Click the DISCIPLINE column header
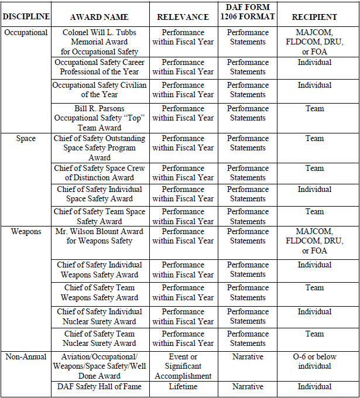[26, 17]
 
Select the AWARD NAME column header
[100, 17]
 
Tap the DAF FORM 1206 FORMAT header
[248, 12]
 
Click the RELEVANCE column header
[183, 17]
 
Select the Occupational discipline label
[26, 33]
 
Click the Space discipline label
[26, 139]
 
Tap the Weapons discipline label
[26, 232]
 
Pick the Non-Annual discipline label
[26, 356]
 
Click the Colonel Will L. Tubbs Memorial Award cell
[100, 42]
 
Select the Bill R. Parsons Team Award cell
[100, 118]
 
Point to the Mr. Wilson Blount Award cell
[100, 236]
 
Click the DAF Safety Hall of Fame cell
[100, 387]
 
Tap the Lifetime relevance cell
[183, 387]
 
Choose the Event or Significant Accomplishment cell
[183, 366]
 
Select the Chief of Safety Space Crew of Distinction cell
[100, 173]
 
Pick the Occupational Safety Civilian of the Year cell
[100, 90]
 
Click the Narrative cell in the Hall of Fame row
[248, 387]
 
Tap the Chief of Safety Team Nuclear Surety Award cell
[100, 338]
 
